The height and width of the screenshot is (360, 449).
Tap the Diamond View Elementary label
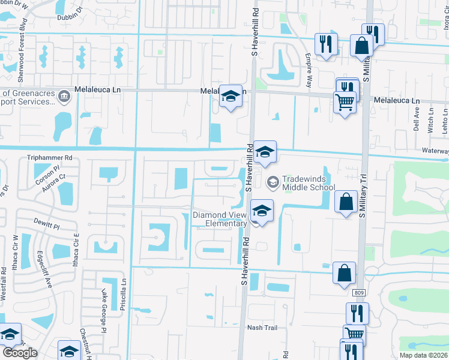[x=220, y=220]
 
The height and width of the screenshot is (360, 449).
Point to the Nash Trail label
[x=263, y=328]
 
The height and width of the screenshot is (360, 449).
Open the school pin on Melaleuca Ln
[x=230, y=97]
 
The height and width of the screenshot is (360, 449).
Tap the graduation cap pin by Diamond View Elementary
[x=262, y=211]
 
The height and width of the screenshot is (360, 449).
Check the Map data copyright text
[x=424, y=355]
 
